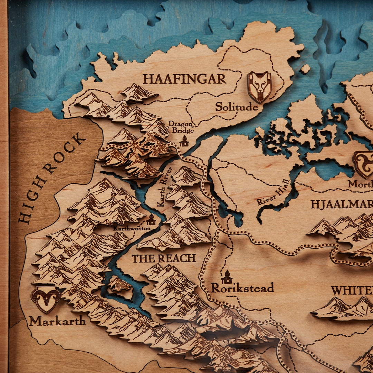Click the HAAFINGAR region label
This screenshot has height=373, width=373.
click(x=185, y=79)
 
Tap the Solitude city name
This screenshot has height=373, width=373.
click(x=237, y=107)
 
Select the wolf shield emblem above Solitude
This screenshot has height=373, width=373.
click(x=259, y=86)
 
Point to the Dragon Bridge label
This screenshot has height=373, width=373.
click(x=181, y=127)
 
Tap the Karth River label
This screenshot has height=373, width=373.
click(x=165, y=187)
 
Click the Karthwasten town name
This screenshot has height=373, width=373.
click(x=132, y=228)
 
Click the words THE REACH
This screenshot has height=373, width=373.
click(x=164, y=258)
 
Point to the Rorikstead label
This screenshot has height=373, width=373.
click(x=242, y=287)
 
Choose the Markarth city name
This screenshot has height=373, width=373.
click(x=57, y=321)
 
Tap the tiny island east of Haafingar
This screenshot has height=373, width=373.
click(x=305, y=69)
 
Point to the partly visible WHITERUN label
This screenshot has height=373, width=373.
click(x=352, y=290)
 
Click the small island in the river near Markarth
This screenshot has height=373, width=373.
click(x=120, y=285)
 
